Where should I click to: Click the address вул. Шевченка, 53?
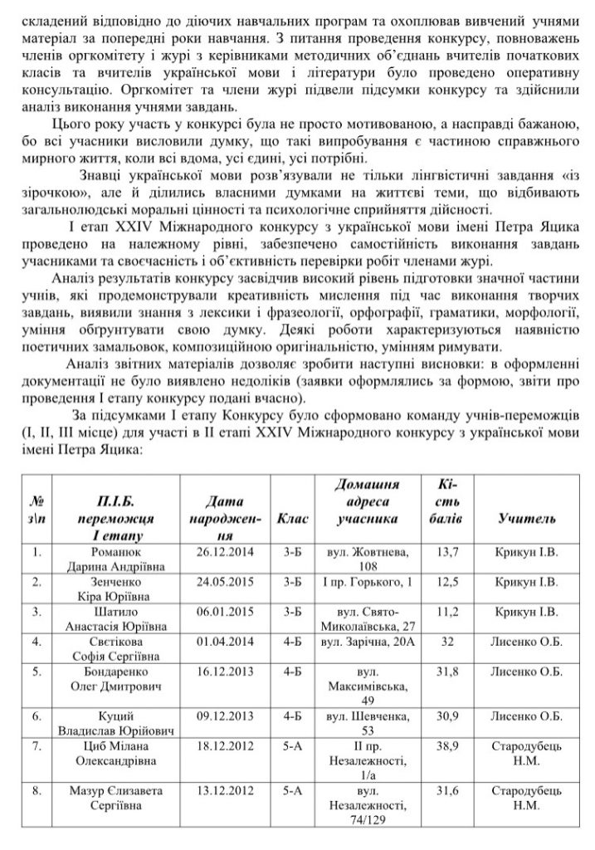coord(366,722)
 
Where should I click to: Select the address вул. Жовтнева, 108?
coord(366,558)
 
